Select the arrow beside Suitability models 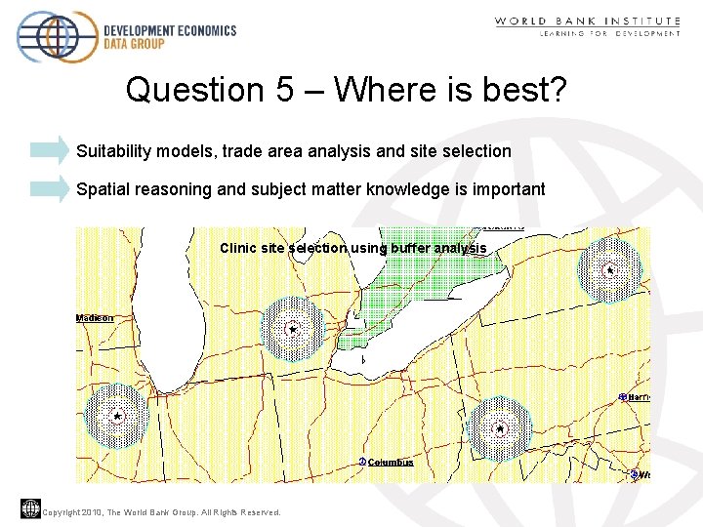pyautogui.click(x=50, y=150)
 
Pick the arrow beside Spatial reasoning pyautogui.click(x=50, y=188)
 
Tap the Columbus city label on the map pyautogui.click(x=391, y=463)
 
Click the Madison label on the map pyautogui.click(x=95, y=318)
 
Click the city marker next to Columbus pyautogui.click(x=362, y=462)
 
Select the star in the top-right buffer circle pyautogui.click(x=608, y=269)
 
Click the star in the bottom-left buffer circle pyautogui.click(x=116, y=417)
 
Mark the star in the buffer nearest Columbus pyautogui.click(x=500, y=428)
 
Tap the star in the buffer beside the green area pyautogui.click(x=292, y=330)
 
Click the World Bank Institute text pyautogui.click(x=587, y=20)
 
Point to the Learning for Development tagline pyautogui.click(x=609, y=34)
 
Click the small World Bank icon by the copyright pyautogui.click(x=29, y=508)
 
